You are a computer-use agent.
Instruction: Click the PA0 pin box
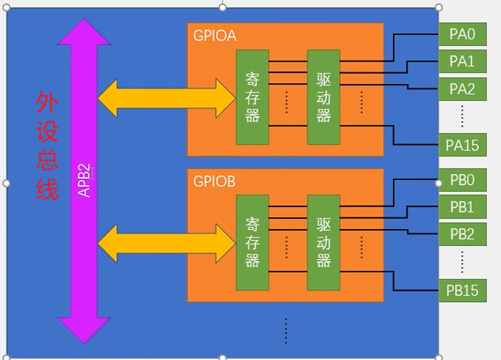[x=462, y=34]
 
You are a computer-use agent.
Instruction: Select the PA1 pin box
[x=462, y=61]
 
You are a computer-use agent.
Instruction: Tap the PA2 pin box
[x=462, y=89]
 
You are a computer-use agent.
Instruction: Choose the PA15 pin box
[x=462, y=145]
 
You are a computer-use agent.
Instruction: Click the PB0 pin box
[x=462, y=180]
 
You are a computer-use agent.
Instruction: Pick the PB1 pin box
[x=462, y=207]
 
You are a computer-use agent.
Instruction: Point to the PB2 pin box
[x=462, y=234]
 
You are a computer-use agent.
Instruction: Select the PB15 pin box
[x=462, y=290]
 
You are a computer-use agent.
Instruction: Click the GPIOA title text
[x=215, y=36]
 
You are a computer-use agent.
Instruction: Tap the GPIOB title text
[x=214, y=182]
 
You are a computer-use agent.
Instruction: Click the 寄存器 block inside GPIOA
[x=252, y=97]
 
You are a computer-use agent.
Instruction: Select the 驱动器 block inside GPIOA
[x=323, y=97]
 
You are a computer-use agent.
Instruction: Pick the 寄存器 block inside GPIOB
[x=252, y=243]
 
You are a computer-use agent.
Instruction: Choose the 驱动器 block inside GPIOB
[x=323, y=243]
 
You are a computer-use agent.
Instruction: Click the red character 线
[x=47, y=188]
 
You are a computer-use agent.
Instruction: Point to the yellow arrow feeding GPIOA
[x=167, y=98]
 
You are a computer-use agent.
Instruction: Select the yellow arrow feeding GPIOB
[x=167, y=243]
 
